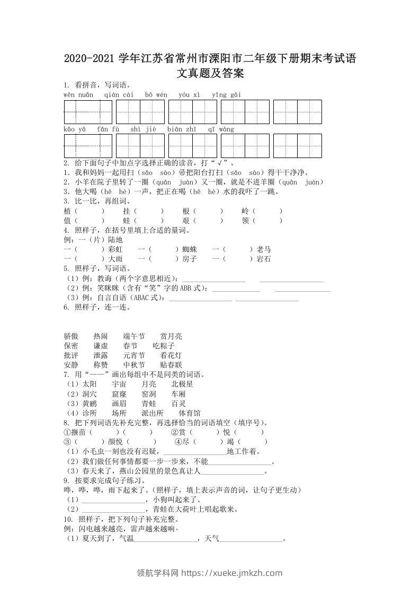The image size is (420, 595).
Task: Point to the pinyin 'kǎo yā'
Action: [75, 129]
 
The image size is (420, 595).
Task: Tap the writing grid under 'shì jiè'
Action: [140, 146]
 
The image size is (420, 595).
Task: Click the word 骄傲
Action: [71, 336]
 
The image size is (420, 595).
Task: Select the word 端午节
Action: [134, 336]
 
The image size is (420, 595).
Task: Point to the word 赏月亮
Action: [171, 336]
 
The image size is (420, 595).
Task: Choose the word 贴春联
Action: [171, 365]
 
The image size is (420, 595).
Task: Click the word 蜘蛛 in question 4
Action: [190, 249]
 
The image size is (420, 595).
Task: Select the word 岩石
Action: [264, 259]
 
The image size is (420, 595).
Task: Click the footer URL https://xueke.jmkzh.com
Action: [232, 573]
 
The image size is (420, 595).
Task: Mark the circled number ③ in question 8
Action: [67, 442]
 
